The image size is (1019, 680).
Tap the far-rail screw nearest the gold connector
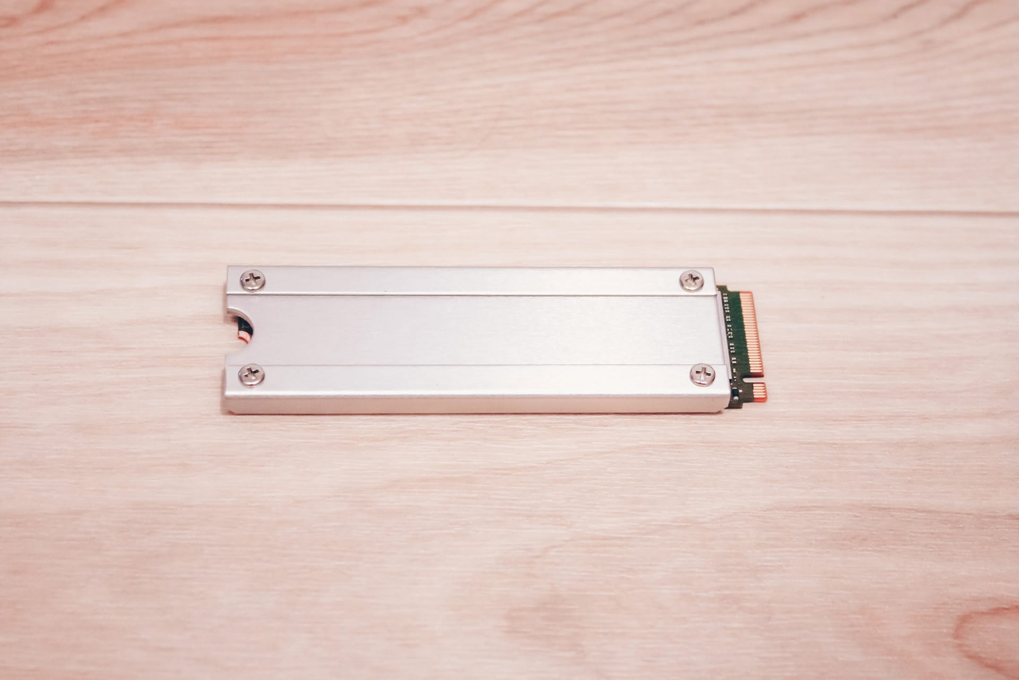tap(692, 280)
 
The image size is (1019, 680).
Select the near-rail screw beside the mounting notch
tap(252, 375)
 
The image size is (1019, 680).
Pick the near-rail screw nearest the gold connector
tap(702, 375)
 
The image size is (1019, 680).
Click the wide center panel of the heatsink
tap(478, 329)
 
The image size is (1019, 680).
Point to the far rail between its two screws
tap(472, 280)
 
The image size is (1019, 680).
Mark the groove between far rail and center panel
tap(472, 294)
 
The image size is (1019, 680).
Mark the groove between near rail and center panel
tap(478, 365)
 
